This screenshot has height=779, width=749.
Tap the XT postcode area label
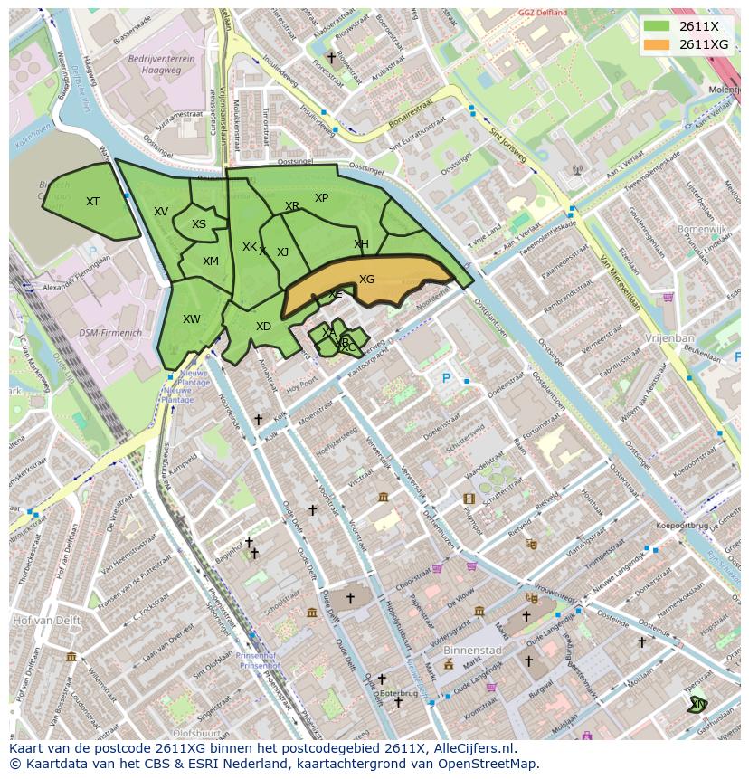(x=92, y=202)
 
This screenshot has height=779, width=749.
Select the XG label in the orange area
(x=366, y=280)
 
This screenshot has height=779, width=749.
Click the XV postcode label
(x=161, y=212)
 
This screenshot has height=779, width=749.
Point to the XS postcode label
(x=199, y=224)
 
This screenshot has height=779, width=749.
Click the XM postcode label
(x=211, y=261)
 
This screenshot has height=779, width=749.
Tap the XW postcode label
(x=192, y=319)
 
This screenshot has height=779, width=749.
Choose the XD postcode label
(x=263, y=327)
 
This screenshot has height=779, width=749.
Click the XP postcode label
(x=321, y=198)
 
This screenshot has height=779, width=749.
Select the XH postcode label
(x=361, y=244)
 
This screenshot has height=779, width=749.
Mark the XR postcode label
(x=291, y=206)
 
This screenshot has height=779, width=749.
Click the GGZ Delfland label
(x=543, y=13)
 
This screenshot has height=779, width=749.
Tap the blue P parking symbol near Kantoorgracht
(x=445, y=379)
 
